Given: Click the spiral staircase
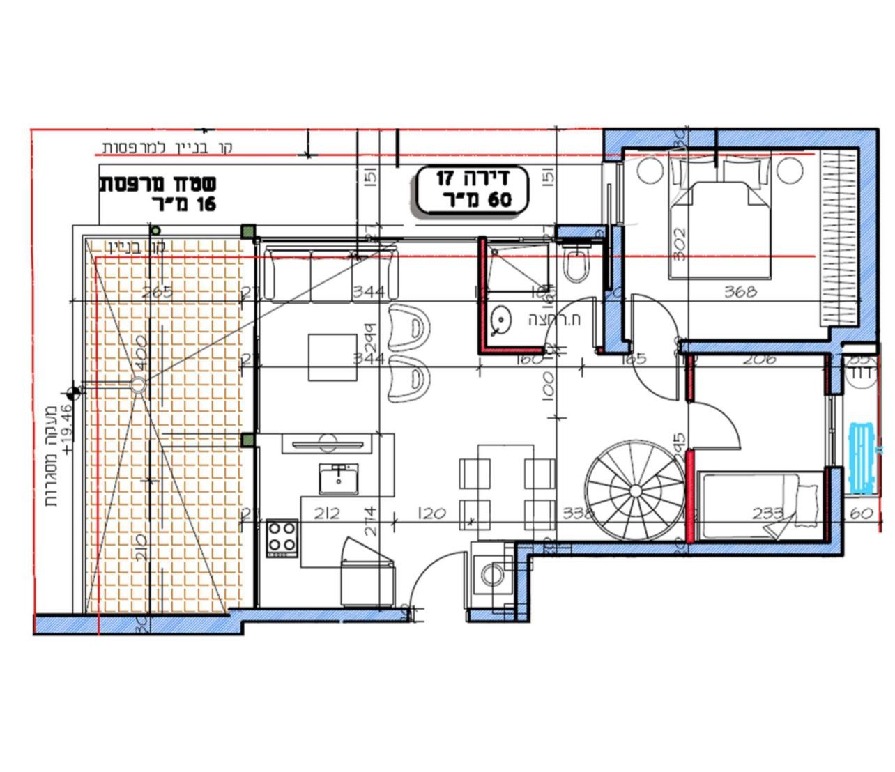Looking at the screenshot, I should (635, 491).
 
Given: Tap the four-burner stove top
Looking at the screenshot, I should (282, 537).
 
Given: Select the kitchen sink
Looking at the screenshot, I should (339, 478).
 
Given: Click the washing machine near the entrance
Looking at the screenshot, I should (493, 575).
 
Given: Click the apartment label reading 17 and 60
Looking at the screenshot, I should (473, 189).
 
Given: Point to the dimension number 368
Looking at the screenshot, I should (740, 292).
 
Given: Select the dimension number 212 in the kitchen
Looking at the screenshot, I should (326, 514).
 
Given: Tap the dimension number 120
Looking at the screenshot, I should (432, 514).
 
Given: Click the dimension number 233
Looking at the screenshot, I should (768, 514).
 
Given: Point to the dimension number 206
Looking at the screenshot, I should (759, 360).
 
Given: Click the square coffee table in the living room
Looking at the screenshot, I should (333, 357).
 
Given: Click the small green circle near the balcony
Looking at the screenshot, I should (156, 231).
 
